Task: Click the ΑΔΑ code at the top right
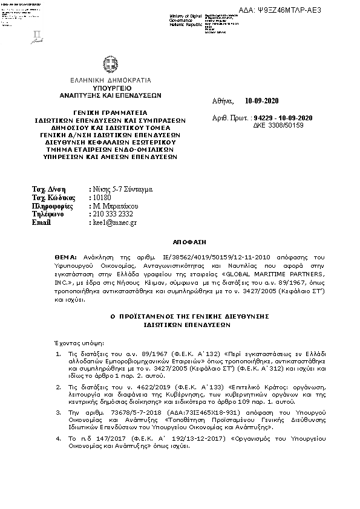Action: pyautogui.click(x=300, y=10)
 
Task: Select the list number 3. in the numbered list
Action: pyautogui.click(x=57, y=412)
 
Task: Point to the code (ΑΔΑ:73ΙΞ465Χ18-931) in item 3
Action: pyautogui.click(x=176, y=412)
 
